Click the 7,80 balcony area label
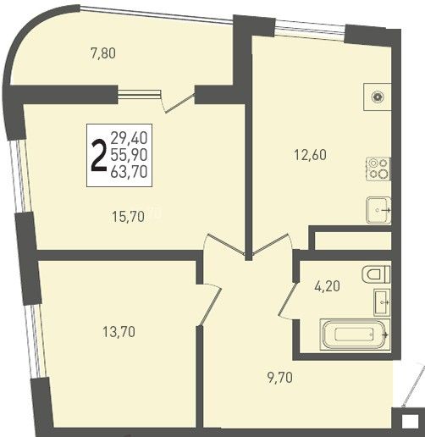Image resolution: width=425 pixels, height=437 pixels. click(x=103, y=53)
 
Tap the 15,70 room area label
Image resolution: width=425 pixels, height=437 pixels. click(x=128, y=217)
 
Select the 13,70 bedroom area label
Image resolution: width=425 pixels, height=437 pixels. click(x=119, y=331)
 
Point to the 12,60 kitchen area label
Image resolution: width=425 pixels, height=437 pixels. click(x=310, y=155)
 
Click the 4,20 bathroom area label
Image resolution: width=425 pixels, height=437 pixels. click(x=327, y=286)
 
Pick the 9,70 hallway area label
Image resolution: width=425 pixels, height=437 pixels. click(x=279, y=378)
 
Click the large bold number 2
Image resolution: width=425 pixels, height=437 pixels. click(x=98, y=156)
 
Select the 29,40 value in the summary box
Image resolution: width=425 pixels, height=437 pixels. click(x=129, y=138)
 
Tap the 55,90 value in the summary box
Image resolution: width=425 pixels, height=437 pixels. click(x=129, y=155)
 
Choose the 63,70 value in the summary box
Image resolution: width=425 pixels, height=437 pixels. click(x=129, y=171)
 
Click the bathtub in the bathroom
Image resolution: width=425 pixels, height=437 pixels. click(x=355, y=335)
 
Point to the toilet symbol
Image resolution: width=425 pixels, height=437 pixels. click(x=376, y=274)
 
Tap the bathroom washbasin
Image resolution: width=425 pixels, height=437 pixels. click(x=382, y=302)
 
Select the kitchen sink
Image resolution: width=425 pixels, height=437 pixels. click(x=378, y=210)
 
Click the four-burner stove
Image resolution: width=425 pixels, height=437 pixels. click(x=378, y=169)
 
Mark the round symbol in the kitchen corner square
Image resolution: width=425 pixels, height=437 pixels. click(x=378, y=97)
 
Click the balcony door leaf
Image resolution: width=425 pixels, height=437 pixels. click(x=179, y=103)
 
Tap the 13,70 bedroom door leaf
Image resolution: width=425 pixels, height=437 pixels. click(x=209, y=306)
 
